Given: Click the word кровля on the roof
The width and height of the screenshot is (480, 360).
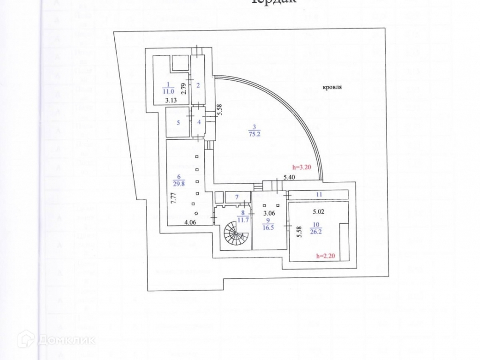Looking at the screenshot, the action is point(332,87).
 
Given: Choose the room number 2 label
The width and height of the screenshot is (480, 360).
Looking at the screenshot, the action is point(198,85).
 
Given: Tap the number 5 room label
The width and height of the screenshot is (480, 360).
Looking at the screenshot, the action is point(178,123).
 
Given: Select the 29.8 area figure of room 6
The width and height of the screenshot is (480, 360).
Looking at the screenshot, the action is point(178,183).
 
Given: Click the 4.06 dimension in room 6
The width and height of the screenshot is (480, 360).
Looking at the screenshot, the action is point(189,222).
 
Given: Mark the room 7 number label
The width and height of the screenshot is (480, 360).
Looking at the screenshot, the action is point(237,196).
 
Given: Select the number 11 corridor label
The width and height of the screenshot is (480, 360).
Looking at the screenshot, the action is point(318,194).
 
